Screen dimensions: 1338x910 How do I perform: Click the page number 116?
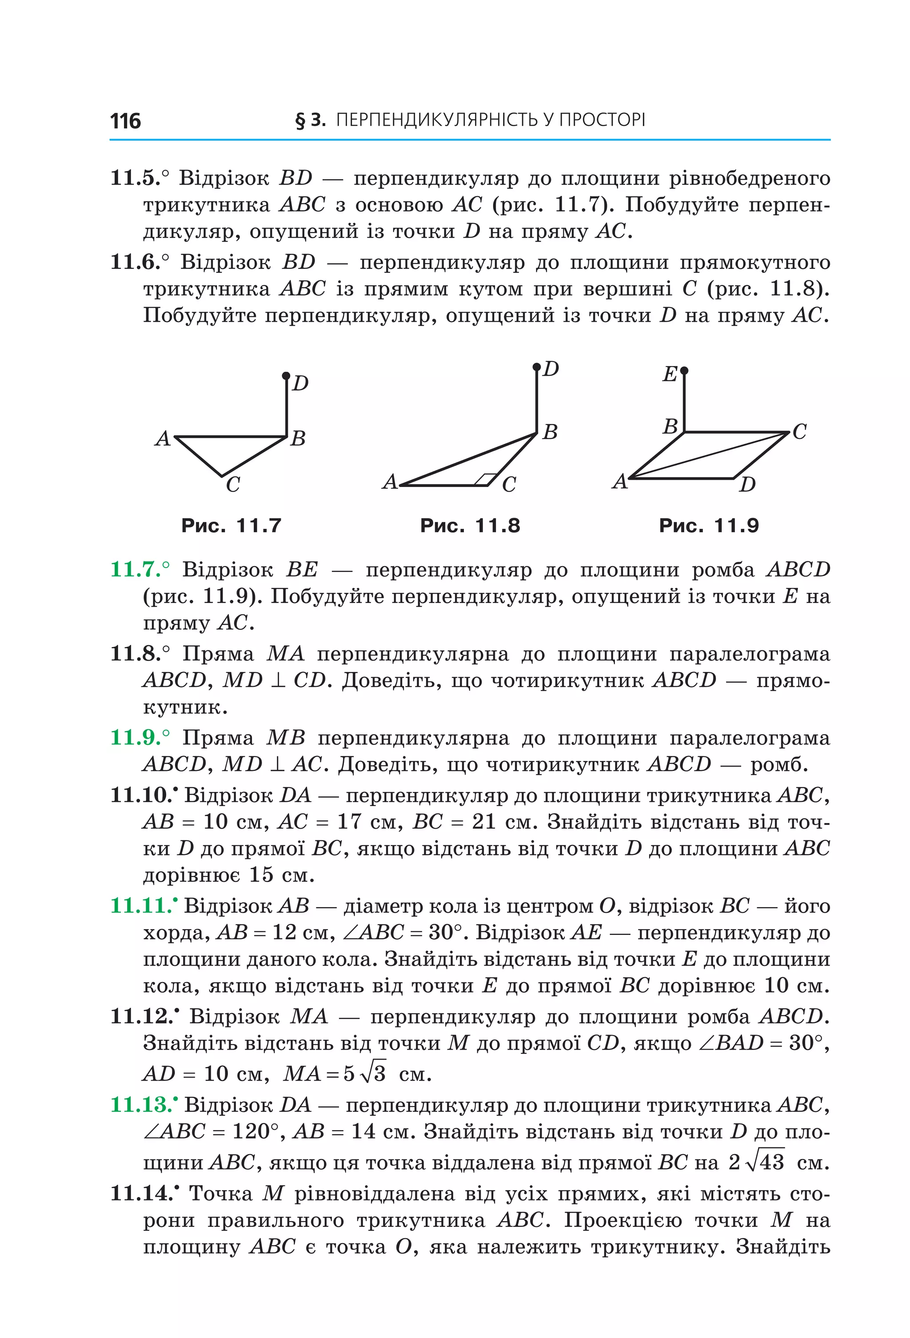tap(125, 121)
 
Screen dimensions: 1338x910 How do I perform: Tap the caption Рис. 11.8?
tap(470, 526)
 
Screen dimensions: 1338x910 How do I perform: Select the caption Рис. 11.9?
tap(709, 526)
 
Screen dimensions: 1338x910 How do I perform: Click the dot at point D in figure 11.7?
tap(286, 376)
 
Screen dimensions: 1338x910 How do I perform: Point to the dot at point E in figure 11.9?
tap(684, 371)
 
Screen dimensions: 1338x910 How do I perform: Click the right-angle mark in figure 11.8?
tap(489, 479)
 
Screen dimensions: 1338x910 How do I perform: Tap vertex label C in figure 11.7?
tap(232, 485)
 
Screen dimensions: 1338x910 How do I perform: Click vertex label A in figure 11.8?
tap(390, 481)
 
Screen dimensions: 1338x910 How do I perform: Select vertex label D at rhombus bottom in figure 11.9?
tap(747, 485)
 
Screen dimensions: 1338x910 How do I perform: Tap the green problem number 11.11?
tap(141, 906)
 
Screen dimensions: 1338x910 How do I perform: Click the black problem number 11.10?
tap(141, 795)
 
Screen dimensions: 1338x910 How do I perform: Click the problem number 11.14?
tap(141, 1193)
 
